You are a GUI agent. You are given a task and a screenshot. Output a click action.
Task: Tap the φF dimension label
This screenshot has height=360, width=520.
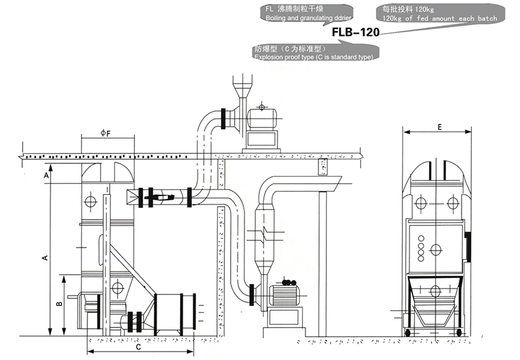pos(105,133)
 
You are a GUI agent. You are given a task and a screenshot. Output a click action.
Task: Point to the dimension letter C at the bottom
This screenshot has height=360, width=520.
pos(138,346)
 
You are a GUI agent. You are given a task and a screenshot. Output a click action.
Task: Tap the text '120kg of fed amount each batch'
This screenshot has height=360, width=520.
pos(440,19)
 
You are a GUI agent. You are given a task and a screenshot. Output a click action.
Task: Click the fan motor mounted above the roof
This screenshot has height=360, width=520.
pos(261,118)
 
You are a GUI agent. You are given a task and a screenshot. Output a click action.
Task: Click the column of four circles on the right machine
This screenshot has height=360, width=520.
pos(421,248)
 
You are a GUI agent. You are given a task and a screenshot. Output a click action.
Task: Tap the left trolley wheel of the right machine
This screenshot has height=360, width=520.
pos(408,333)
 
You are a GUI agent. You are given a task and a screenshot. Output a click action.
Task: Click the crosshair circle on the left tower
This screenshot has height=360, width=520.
pos(90,202)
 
